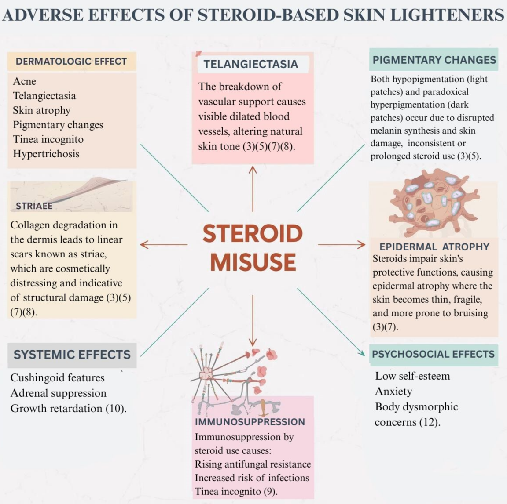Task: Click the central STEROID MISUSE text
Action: pyautogui.click(x=253, y=247)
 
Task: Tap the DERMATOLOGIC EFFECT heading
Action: pyautogui.click(x=71, y=62)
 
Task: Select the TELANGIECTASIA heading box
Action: pyautogui.click(x=251, y=64)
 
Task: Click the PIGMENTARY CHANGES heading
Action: pyautogui.click(x=434, y=60)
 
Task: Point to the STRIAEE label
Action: pyautogui.click(x=34, y=206)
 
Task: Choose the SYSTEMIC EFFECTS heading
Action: pyautogui.click(x=72, y=355)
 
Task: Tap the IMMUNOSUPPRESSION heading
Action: pyautogui.click(x=250, y=422)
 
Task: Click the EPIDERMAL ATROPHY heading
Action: pyautogui.click(x=434, y=247)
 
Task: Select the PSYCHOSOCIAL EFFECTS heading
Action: pyautogui.click(x=433, y=354)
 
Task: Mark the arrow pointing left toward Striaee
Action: pyautogui.click(x=163, y=244)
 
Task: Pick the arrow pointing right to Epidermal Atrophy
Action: pyautogui.click(x=342, y=244)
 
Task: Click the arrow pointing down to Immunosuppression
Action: pyautogui.click(x=253, y=321)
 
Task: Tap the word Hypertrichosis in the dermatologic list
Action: pyautogui.click(x=46, y=154)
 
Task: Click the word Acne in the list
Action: pyautogui.click(x=25, y=81)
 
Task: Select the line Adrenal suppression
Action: pyautogui.click(x=59, y=393)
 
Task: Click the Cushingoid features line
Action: pyautogui.click(x=58, y=378)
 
